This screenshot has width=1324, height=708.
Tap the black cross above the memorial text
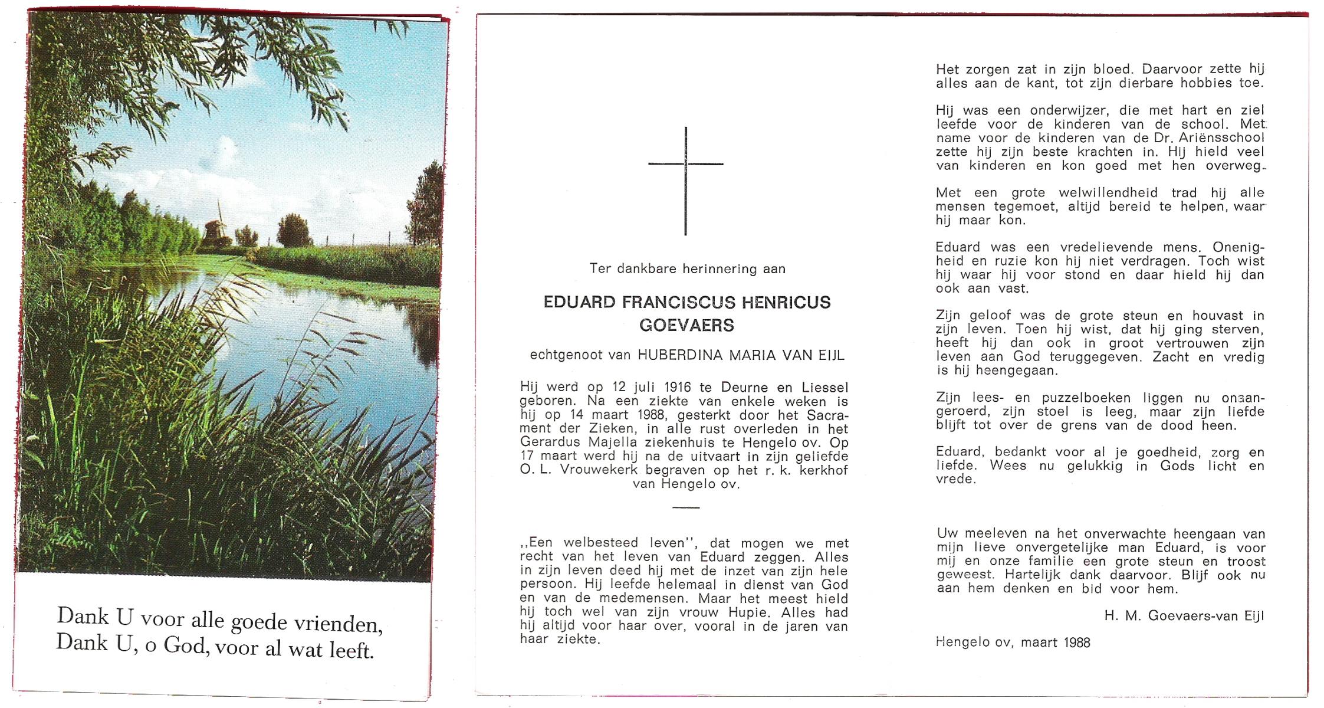coord(685,177)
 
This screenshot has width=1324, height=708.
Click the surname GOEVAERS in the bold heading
coord(686,325)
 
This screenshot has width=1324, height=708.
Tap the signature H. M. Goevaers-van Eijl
coord(1184,616)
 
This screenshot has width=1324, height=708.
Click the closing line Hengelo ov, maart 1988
coord(1013,643)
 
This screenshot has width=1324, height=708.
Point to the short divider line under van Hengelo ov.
coord(685,507)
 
